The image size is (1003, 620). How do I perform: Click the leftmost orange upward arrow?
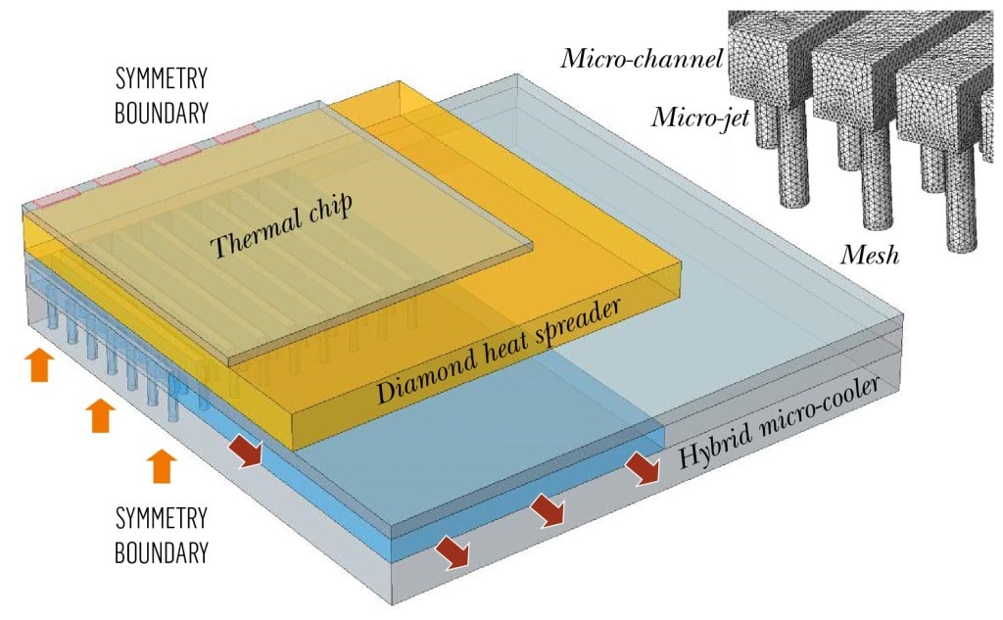pyautogui.click(x=38, y=363)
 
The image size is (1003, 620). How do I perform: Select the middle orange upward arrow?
pyautogui.click(x=99, y=415)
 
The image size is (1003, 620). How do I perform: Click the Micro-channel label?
pyautogui.click(x=642, y=59)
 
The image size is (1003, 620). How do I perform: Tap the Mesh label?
pyautogui.click(x=870, y=257)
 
